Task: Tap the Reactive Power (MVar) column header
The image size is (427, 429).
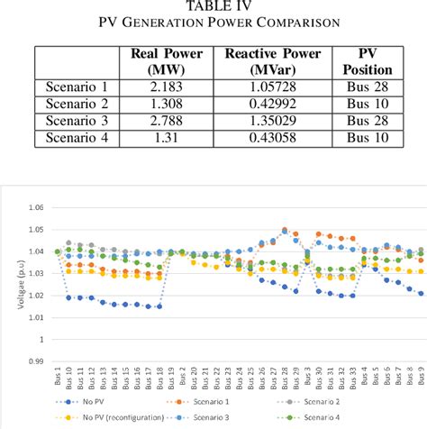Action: click(x=273, y=62)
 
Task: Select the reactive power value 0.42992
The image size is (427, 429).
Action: click(x=273, y=105)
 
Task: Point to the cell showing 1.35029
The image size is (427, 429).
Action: click(x=273, y=122)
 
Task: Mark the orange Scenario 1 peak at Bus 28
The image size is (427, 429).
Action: click(x=285, y=230)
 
